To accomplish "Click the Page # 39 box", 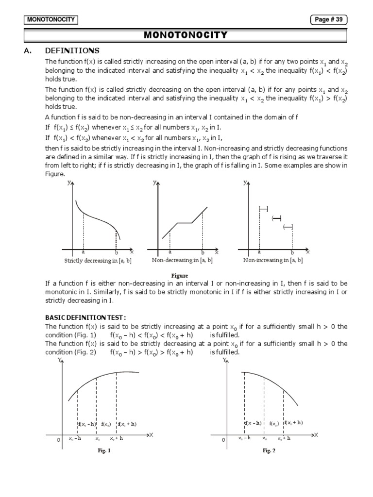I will pos(329,19).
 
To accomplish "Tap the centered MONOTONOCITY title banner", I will pos(186,35).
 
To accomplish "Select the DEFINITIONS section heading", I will pos(72,50).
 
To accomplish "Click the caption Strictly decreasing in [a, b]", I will pos(98,261).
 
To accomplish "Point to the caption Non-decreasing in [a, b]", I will pos(182,261).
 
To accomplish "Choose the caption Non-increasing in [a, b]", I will pos(273,261).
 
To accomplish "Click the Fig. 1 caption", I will pos(104,450).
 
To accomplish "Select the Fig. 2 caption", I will pos(269,450).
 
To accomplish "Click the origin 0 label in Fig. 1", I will pos(58,440).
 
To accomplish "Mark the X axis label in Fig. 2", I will pos(316,434).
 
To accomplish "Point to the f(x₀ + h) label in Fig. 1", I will pos(128,424).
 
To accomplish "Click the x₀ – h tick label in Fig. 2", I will pos(244,438).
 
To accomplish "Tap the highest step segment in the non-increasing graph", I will pos(264,209).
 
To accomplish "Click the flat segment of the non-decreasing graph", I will pos(185,223).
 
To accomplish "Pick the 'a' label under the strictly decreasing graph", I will pos(84,252).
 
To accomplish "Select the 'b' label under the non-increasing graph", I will pos(292,252).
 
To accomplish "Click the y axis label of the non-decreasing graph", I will pos(154,183).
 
